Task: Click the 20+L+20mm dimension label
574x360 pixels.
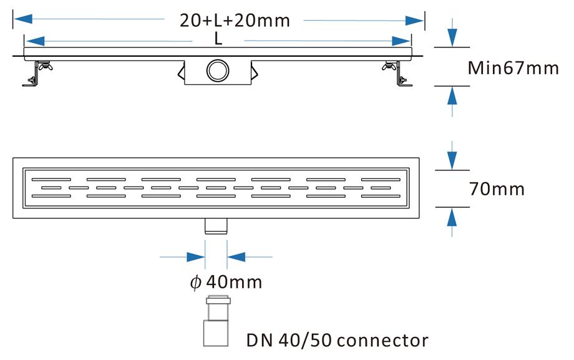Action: coord(235,21)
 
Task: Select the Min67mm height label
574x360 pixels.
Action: coord(513,67)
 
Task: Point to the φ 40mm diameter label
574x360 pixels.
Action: coord(226,282)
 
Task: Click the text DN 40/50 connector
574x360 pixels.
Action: coord(337,340)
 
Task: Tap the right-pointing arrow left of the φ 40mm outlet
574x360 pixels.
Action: coord(195,256)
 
